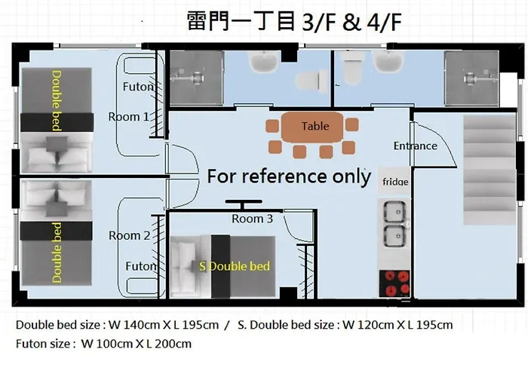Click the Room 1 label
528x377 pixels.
128,117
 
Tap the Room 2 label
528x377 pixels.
129,235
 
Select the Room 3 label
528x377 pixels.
252,219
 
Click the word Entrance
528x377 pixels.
416,146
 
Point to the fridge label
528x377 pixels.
395,182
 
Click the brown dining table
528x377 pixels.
312,127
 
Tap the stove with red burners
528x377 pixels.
394,284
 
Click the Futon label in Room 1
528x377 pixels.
138,87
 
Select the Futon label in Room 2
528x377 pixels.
141,266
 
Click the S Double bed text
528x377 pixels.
235,266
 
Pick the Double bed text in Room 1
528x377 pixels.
57,100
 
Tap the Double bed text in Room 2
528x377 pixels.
57,253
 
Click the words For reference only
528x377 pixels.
289,176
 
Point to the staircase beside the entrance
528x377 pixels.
490,170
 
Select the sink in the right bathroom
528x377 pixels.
388,62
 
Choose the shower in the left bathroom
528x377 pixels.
197,78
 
